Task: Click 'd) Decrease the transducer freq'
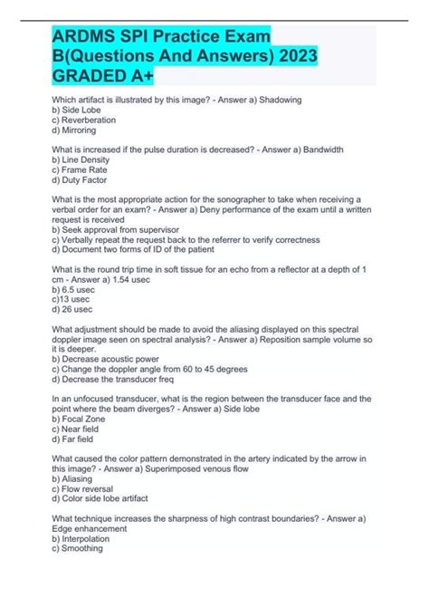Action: tap(114, 381)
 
